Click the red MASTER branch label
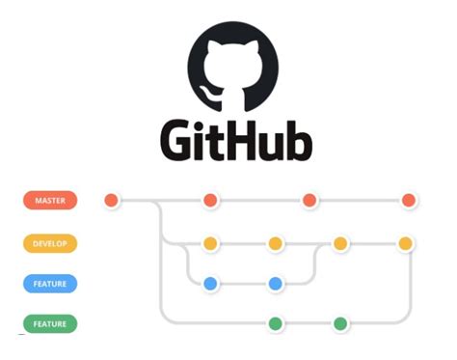(x=50, y=201)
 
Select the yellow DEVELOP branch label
(x=50, y=243)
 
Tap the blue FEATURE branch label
(x=50, y=284)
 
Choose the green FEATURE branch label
(x=50, y=323)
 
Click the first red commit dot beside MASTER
(x=112, y=201)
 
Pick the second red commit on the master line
(x=210, y=201)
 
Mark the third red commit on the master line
(x=309, y=201)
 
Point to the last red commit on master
(x=408, y=201)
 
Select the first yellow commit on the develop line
(x=210, y=243)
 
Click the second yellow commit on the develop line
(x=276, y=243)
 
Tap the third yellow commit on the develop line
(x=340, y=243)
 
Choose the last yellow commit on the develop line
(x=406, y=243)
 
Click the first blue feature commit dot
(x=210, y=284)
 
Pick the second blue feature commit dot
(x=276, y=284)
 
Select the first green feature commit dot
(x=276, y=323)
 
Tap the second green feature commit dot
(x=340, y=323)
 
